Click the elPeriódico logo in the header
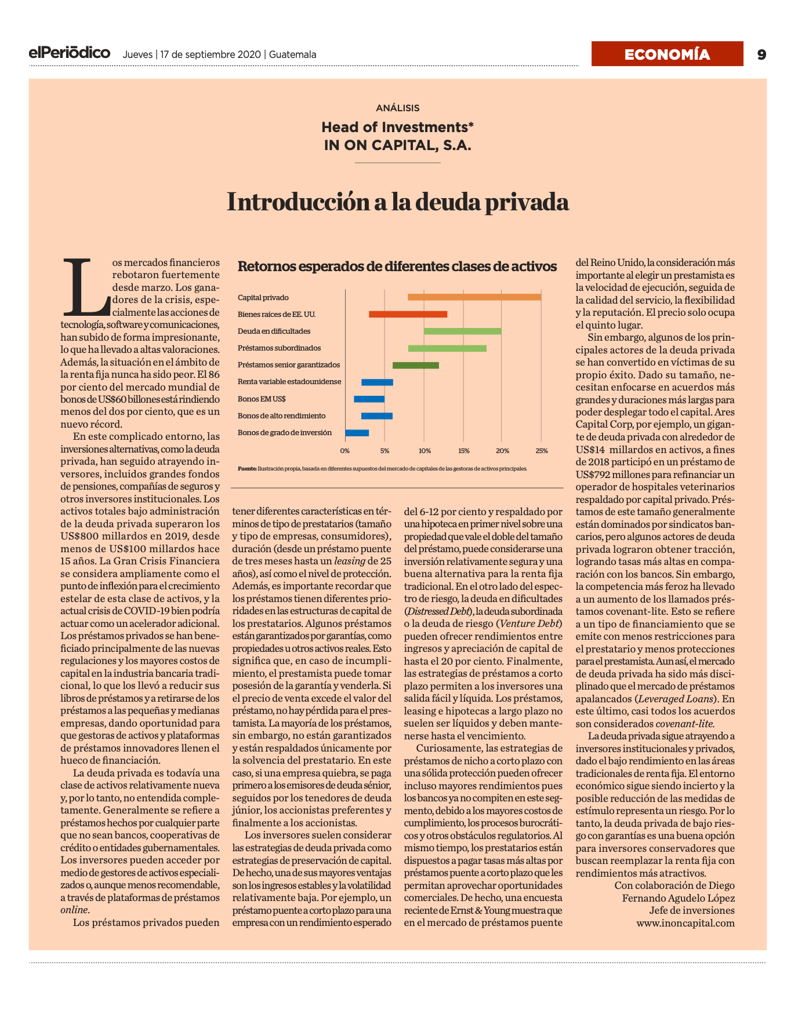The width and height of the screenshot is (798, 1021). tap(70, 53)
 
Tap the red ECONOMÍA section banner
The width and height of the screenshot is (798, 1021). tap(667, 54)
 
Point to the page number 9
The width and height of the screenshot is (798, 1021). tap(761, 54)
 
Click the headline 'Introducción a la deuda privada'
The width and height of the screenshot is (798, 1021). tap(398, 202)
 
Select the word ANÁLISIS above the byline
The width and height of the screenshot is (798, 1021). tap(398, 108)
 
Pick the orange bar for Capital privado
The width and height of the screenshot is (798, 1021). tap(474, 297)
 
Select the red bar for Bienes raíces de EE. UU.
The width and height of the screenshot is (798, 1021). tap(408, 314)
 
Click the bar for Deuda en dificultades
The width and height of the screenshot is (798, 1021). tap(462, 331)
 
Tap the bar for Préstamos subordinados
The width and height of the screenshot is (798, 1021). tap(447, 348)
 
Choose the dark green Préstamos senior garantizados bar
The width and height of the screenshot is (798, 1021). tap(416, 365)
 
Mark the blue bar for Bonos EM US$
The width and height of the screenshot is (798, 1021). tap(369, 399)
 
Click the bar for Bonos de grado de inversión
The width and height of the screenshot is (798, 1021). tap(357, 433)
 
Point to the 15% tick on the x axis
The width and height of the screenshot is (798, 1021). tap(463, 451)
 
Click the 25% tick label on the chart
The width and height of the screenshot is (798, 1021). tap(542, 451)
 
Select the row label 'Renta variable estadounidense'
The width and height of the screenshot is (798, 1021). tap(289, 382)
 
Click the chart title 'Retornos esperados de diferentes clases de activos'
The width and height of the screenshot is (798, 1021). tap(397, 267)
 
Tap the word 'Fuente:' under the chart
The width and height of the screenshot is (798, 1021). tap(247, 468)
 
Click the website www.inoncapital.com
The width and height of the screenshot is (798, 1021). tap(685, 923)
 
